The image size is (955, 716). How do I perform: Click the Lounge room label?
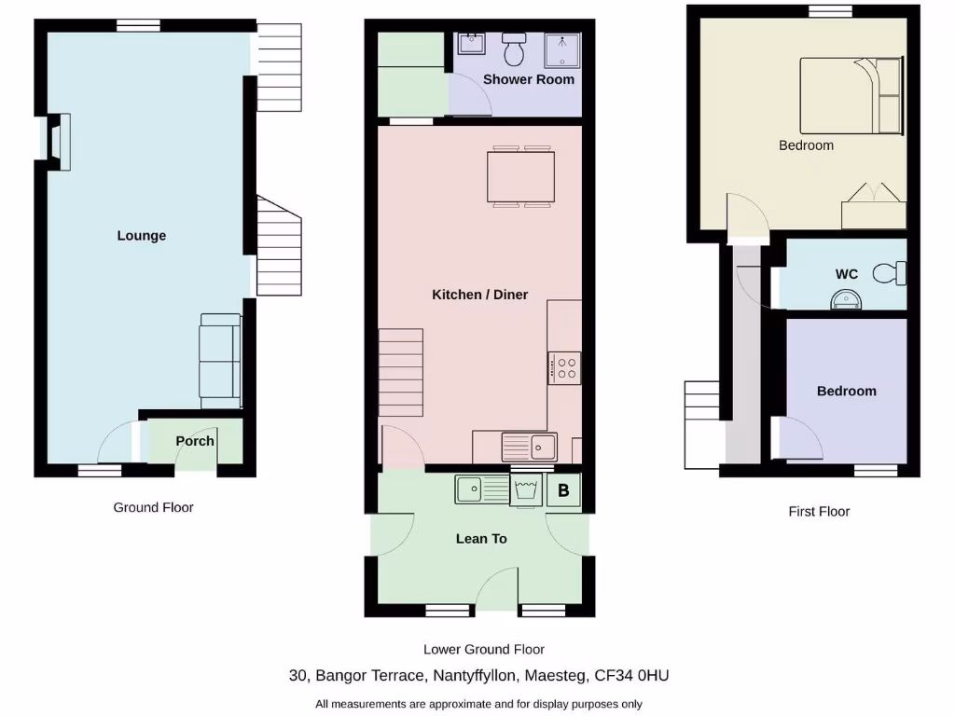click(142, 236)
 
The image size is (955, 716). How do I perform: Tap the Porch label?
click(195, 441)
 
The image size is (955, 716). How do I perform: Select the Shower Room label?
click(528, 79)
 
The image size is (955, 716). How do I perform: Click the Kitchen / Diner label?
click(479, 295)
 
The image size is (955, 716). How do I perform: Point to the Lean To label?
click(481, 539)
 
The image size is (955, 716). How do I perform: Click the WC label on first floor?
click(847, 274)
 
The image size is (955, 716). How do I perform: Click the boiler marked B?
click(563, 489)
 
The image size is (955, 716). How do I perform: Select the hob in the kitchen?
click(564, 366)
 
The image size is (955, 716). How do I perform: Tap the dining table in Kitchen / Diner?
click(520, 176)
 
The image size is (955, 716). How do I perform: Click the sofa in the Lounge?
click(219, 356)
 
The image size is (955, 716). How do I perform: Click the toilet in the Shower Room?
click(514, 47)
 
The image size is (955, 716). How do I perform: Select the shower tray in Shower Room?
click(562, 49)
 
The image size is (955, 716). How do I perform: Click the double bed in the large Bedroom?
click(850, 95)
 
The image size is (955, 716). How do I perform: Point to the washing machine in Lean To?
click(526, 490)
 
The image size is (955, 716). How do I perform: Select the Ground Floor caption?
click(154, 507)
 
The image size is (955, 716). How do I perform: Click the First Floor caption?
click(819, 511)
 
